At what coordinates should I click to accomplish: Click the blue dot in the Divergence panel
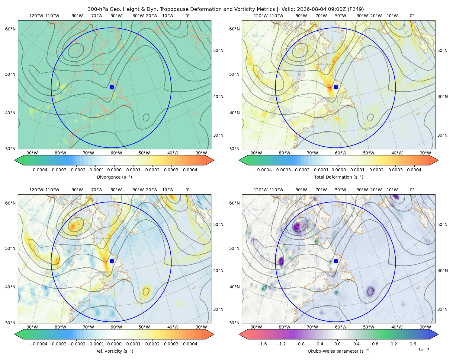tap(112, 87)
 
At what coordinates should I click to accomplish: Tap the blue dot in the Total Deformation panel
tap(336, 87)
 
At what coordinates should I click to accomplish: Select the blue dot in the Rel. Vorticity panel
tap(112, 261)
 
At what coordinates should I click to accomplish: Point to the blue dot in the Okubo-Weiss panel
tap(336, 261)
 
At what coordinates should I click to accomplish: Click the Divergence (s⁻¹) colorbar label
tap(114, 177)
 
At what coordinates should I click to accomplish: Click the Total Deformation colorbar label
tap(339, 177)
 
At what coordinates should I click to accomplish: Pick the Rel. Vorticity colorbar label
tap(114, 351)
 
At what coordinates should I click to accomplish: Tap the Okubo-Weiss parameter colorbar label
tap(339, 351)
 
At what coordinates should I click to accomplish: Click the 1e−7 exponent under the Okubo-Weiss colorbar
tap(423, 350)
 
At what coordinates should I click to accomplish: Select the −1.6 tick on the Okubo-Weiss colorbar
tap(262, 344)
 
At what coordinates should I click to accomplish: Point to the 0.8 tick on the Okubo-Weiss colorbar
tap(375, 344)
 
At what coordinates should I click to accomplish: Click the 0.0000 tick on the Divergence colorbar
tap(114, 170)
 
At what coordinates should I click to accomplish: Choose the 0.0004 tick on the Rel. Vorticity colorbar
tap(190, 344)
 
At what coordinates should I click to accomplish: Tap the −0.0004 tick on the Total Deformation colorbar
tap(263, 170)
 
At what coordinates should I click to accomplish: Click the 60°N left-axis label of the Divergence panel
tap(10, 29)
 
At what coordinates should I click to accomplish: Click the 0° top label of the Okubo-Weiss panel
tap(412, 190)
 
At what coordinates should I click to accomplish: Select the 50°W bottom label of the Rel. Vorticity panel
tap(144, 327)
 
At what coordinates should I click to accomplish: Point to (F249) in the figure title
tap(356, 9)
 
